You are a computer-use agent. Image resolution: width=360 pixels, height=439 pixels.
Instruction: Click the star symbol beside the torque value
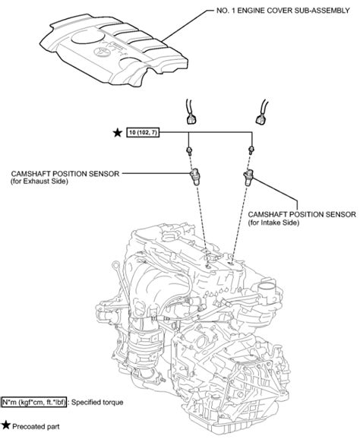tap(116, 133)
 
